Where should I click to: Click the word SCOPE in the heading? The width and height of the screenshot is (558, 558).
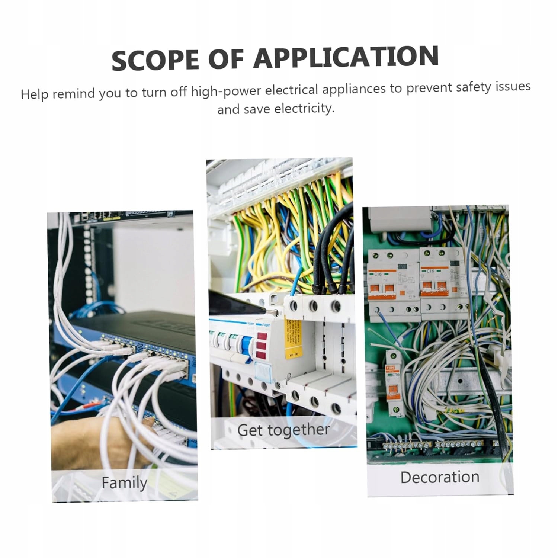pos(155,60)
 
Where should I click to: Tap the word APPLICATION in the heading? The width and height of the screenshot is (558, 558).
pos(346,57)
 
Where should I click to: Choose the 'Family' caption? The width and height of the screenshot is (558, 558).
pos(124,483)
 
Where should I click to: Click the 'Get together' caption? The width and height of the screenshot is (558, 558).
pos(283,430)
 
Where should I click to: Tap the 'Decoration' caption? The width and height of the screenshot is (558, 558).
pos(440,477)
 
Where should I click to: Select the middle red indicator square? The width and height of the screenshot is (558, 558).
pos(262,345)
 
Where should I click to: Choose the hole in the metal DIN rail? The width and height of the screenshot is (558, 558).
pos(460,381)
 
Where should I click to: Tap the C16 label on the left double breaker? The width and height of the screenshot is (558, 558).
pos(378,274)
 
